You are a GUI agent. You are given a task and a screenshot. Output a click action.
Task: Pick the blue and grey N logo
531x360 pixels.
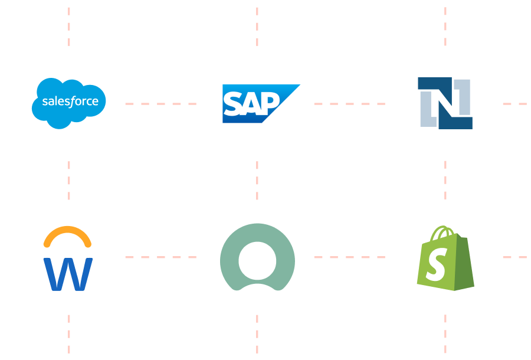click(445, 103)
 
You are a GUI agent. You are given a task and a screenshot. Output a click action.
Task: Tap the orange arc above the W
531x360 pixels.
click(68, 235)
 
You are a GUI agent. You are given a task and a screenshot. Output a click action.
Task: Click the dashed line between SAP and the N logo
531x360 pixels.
click(350, 104)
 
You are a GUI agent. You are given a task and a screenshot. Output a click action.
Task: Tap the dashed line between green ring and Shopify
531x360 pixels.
click(350, 257)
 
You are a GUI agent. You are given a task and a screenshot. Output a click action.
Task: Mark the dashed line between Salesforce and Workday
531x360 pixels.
click(69, 180)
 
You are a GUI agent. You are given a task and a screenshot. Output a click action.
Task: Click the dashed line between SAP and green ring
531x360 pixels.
click(257, 180)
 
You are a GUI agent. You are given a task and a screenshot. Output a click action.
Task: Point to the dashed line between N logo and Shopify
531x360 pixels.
click(445, 180)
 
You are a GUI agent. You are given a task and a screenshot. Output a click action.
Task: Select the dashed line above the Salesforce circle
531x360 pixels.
click(69, 27)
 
